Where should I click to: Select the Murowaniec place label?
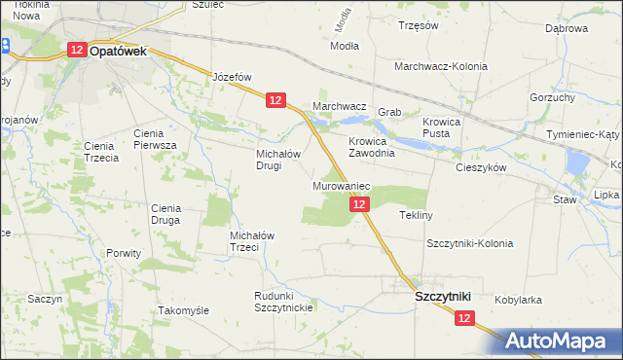pyautogui.click(x=341, y=185)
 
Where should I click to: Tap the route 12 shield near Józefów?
pyautogui.click(x=275, y=100)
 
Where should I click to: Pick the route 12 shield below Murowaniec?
pyautogui.click(x=359, y=204)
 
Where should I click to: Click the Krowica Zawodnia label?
pyautogui.click(x=371, y=147)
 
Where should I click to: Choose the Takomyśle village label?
pyautogui.click(x=184, y=310)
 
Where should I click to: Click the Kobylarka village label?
pyautogui.click(x=518, y=301)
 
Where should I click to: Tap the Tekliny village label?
pyautogui.click(x=417, y=214)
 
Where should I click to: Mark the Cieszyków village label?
pyautogui.click(x=482, y=167)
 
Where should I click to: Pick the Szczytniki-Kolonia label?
pyautogui.click(x=469, y=243)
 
